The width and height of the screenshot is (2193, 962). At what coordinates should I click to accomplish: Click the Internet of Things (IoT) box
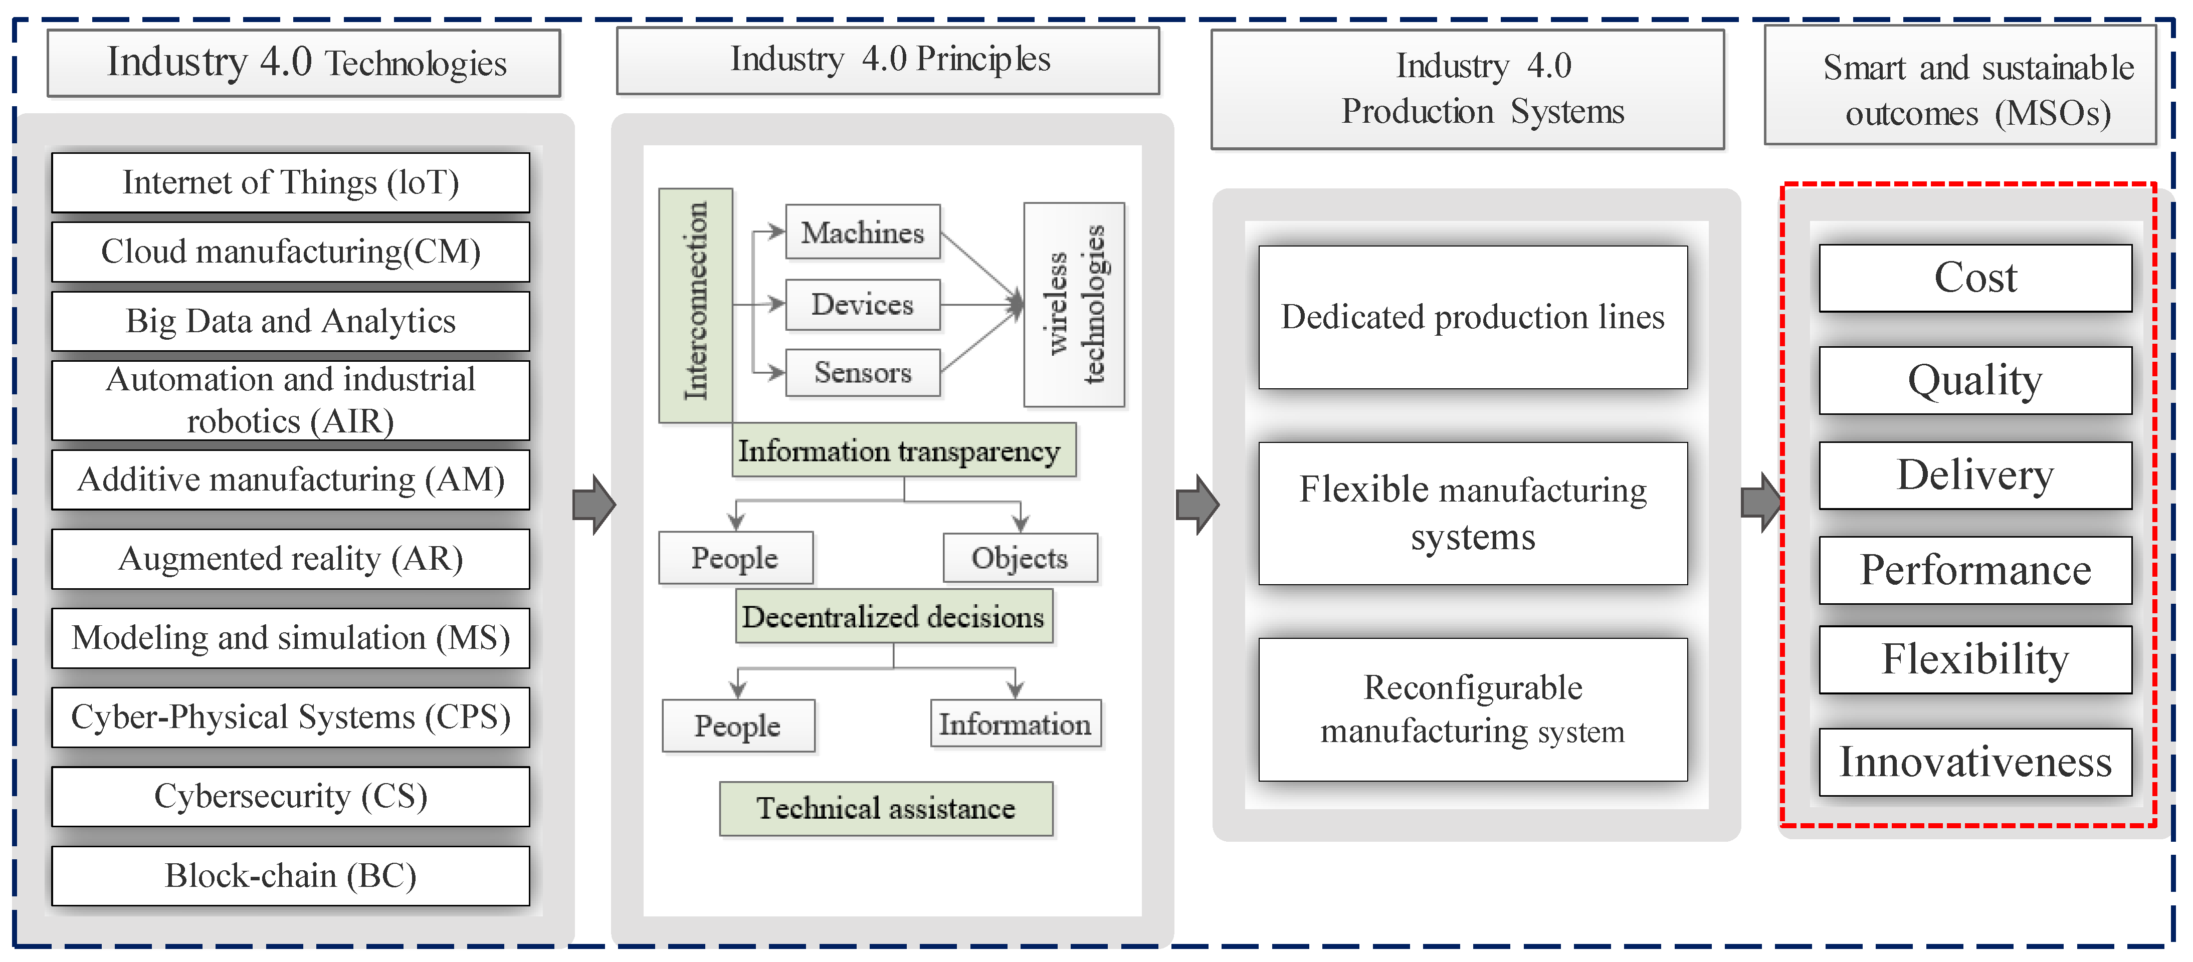290,183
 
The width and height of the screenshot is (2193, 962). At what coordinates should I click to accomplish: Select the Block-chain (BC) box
290,875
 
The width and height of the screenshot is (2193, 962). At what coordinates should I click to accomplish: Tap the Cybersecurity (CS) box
290,796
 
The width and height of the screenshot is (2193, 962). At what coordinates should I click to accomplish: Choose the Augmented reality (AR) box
290,559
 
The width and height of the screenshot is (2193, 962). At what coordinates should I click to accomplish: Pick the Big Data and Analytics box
290,321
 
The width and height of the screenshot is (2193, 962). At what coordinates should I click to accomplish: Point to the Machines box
862,231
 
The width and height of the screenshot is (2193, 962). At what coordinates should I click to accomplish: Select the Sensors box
862,372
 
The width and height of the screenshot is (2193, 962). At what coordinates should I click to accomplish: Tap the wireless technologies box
1074,304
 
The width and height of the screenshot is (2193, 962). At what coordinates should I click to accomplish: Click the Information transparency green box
903,450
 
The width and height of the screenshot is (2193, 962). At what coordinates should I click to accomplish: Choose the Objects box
1020,558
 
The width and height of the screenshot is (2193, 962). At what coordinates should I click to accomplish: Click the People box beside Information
738,726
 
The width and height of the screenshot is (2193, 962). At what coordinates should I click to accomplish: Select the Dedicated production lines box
1473,317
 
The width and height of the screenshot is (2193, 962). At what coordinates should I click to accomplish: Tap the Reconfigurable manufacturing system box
1473,708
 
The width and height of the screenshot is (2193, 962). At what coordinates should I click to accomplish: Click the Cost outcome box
1975,278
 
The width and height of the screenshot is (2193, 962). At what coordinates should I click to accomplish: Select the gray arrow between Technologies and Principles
593,504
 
